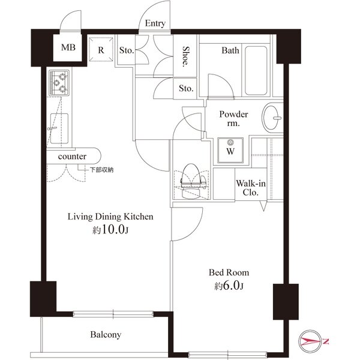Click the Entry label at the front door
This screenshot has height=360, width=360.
click(155, 23)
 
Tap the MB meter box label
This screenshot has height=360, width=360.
click(68, 47)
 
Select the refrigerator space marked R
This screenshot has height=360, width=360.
click(101, 49)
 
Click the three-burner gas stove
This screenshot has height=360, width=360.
click(59, 83)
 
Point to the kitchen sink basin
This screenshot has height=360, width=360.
click(59, 128)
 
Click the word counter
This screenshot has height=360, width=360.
click(72, 157)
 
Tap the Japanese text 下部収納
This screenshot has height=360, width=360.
click(101, 170)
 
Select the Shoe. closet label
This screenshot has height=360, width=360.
click(185, 56)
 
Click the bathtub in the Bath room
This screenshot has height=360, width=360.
click(256, 71)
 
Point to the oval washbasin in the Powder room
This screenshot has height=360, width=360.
click(271, 118)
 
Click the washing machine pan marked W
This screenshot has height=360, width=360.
click(230, 151)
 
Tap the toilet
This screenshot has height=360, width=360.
click(193, 181)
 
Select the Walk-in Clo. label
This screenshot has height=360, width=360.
click(251, 188)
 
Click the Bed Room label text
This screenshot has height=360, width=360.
click(229, 272)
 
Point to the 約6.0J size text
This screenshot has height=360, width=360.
click(229, 286)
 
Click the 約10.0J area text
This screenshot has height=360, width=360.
click(110, 230)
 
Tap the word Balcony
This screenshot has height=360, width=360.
click(106, 335)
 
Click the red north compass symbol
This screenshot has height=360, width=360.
click(310, 341)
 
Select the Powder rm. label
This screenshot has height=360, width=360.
click(233, 119)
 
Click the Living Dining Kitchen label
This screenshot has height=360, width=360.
click(110, 217)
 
